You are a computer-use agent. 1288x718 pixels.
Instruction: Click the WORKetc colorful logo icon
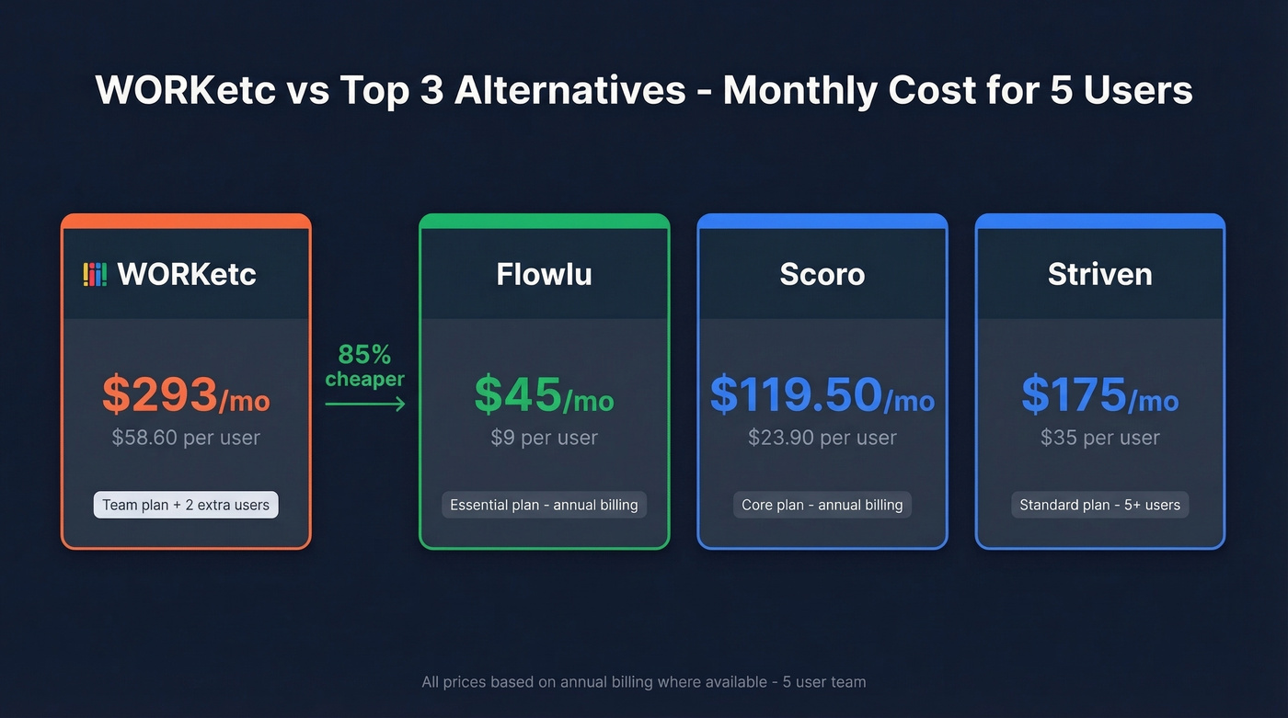(x=95, y=274)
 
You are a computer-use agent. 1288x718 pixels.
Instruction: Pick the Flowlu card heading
(x=544, y=274)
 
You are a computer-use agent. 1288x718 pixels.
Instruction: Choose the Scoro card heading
(x=822, y=274)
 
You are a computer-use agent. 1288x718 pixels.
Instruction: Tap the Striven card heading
(x=1099, y=274)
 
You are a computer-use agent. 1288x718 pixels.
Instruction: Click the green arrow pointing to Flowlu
(x=365, y=404)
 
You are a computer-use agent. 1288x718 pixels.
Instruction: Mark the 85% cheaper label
(x=365, y=366)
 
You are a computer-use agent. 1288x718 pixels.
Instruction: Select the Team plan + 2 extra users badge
(x=186, y=505)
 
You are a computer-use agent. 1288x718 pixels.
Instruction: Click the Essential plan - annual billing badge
(x=544, y=505)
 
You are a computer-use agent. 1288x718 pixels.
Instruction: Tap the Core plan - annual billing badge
(x=822, y=505)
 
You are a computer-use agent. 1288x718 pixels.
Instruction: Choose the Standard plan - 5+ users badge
(x=1099, y=505)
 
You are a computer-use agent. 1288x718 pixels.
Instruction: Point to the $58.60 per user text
(x=186, y=438)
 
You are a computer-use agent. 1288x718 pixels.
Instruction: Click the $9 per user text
(x=544, y=438)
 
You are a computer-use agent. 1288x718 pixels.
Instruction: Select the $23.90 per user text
(x=822, y=438)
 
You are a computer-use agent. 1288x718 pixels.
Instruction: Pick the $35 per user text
(x=1099, y=438)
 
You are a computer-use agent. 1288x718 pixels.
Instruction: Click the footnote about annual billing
(x=643, y=682)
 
